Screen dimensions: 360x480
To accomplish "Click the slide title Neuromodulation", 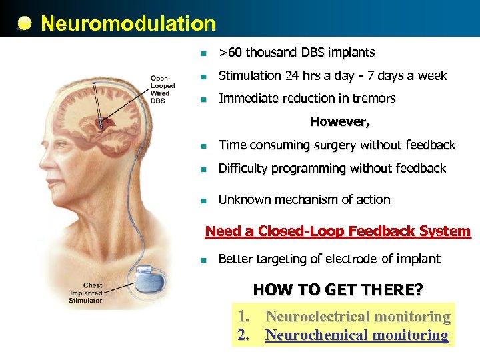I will pyautogui.click(x=128, y=24).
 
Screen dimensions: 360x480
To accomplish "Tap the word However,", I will pyautogui.click(x=340, y=122).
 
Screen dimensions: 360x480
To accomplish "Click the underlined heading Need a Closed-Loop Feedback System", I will pyautogui.click(x=338, y=231).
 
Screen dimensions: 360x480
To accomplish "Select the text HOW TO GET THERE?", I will pyautogui.click(x=337, y=290).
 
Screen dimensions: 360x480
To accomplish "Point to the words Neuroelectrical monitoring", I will pyautogui.click(x=357, y=317).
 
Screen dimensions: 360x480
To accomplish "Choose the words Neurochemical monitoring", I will pyautogui.click(x=357, y=335).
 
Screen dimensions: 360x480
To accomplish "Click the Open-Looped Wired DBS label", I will pyautogui.click(x=162, y=89).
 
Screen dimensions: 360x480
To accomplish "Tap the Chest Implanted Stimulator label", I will pyautogui.click(x=85, y=293).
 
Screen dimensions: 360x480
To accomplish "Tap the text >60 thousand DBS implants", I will pyautogui.click(x=297, y=52).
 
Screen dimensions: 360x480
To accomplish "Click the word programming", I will pyautogui.click(x=306, y=169).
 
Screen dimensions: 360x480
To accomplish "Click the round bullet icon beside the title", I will pyautogui.click(x=24, y=25).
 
